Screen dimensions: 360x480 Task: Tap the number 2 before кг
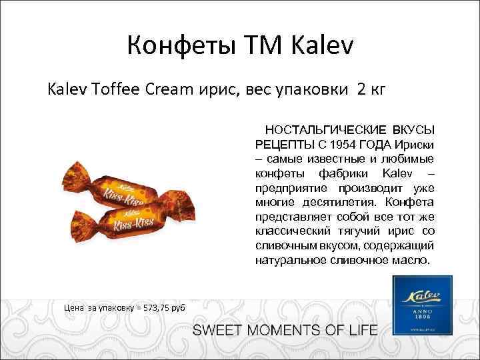pyautogui.click(x=361, y=88)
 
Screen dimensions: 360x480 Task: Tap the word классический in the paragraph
pyautogui.click(x=293, y=231)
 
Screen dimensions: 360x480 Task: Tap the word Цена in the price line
pyautogui.click(x=73, y=307)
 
